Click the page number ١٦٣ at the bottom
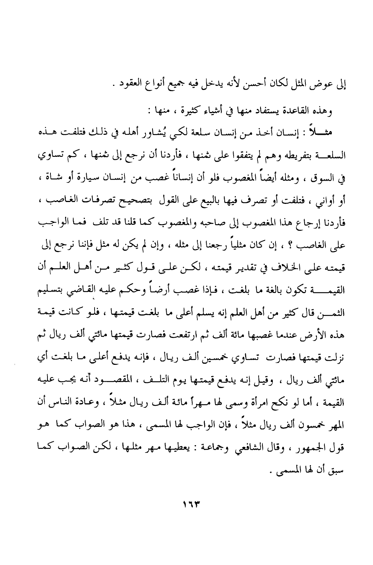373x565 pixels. point(191,504)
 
